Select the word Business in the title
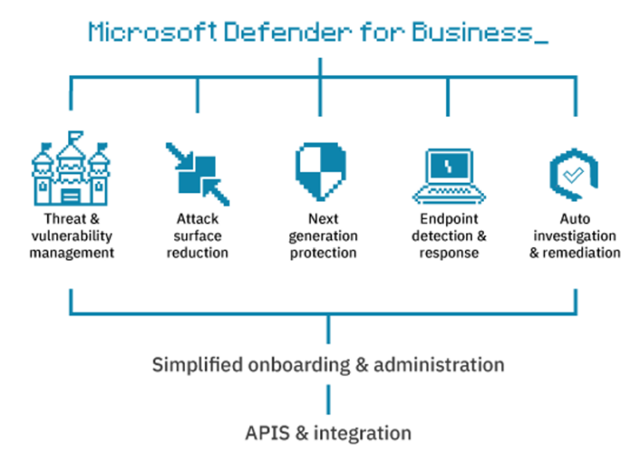pos(465,32)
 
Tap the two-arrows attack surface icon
pos(197,173)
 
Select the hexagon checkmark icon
pos(572,173)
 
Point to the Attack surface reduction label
pos(197,235)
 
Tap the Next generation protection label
pos(322,235)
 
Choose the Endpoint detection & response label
pos(448,235)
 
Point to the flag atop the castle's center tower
pos(75,137)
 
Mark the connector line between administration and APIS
pos(329,397)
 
